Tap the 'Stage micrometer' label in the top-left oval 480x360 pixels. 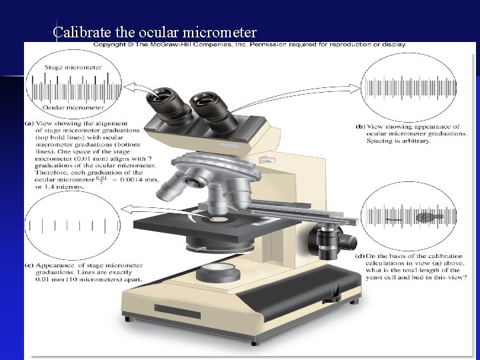(73, 67)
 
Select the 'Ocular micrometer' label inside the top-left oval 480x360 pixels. (73, 107)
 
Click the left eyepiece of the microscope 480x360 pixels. (165, 101)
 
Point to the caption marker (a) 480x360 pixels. (29, 123)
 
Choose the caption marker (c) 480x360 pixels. (29, 265)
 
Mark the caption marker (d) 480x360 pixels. (360, 256)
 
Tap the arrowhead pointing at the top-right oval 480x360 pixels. (357, 86)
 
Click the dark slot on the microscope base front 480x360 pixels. (177, 309)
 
